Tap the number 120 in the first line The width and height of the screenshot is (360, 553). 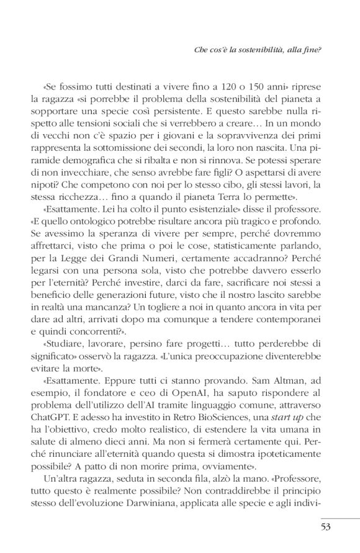pyautogui.click(x=209, y=87)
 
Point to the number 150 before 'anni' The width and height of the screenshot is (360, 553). pyautogui.click(x=243, y=87)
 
